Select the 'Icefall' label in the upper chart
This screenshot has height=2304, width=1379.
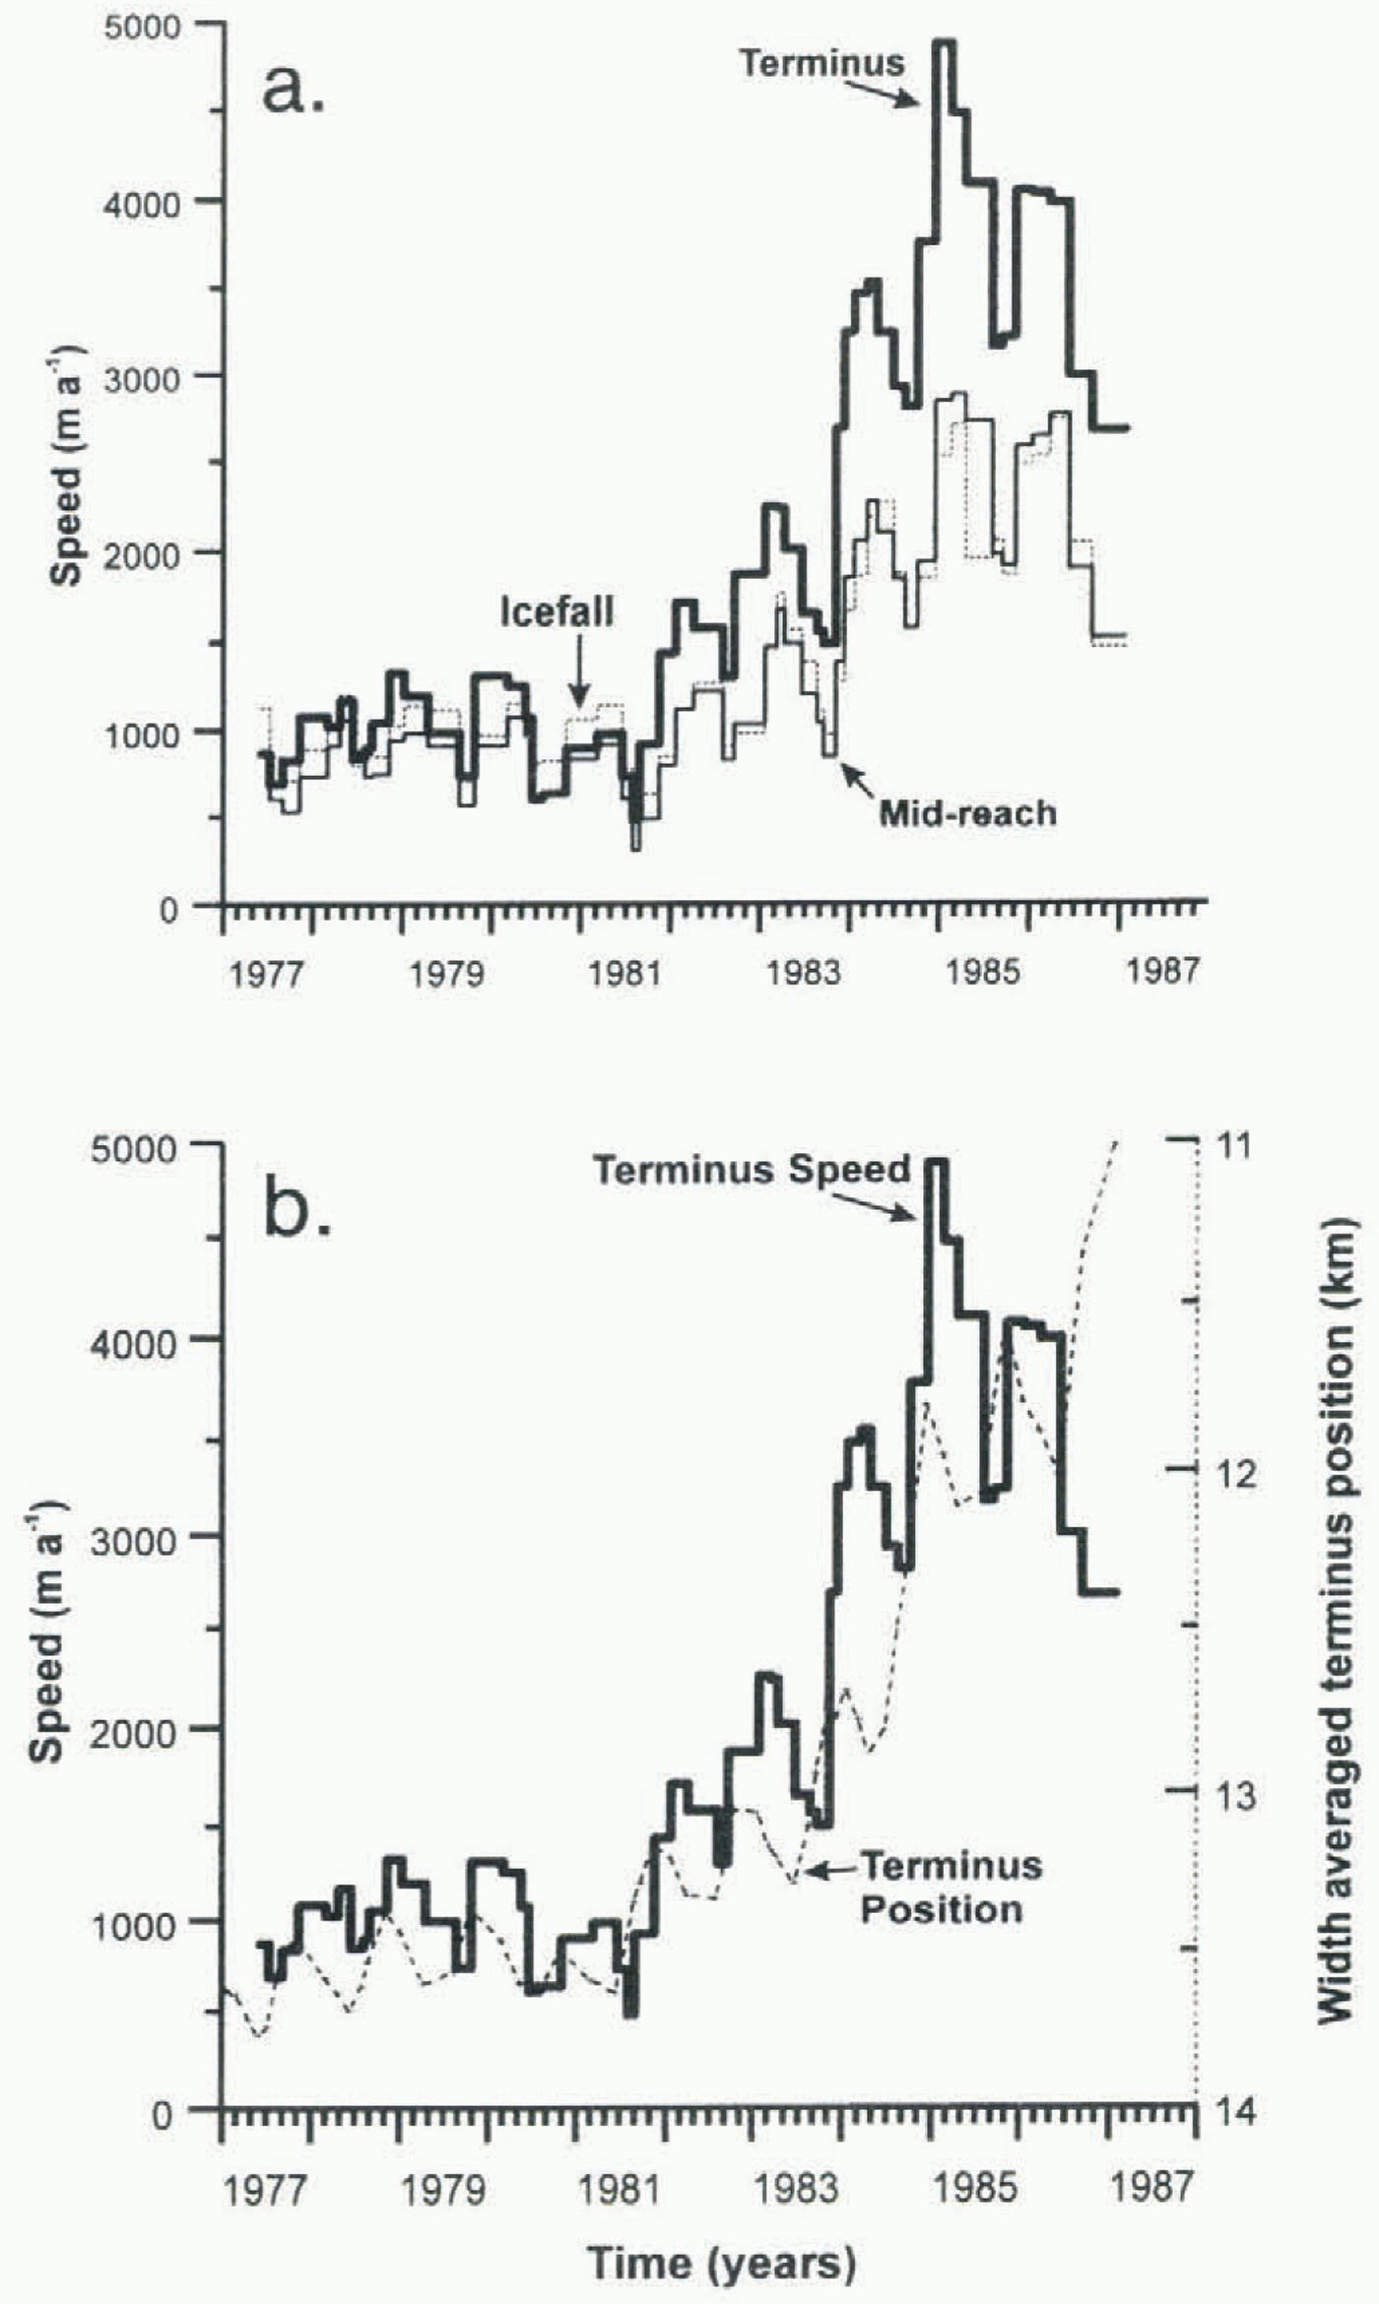coord(557,611)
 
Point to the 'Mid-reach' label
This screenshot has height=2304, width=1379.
coord(967,813)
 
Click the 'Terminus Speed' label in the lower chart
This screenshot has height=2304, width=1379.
coord(751,1171)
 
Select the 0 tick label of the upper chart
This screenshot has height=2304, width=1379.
coord(169,908)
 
